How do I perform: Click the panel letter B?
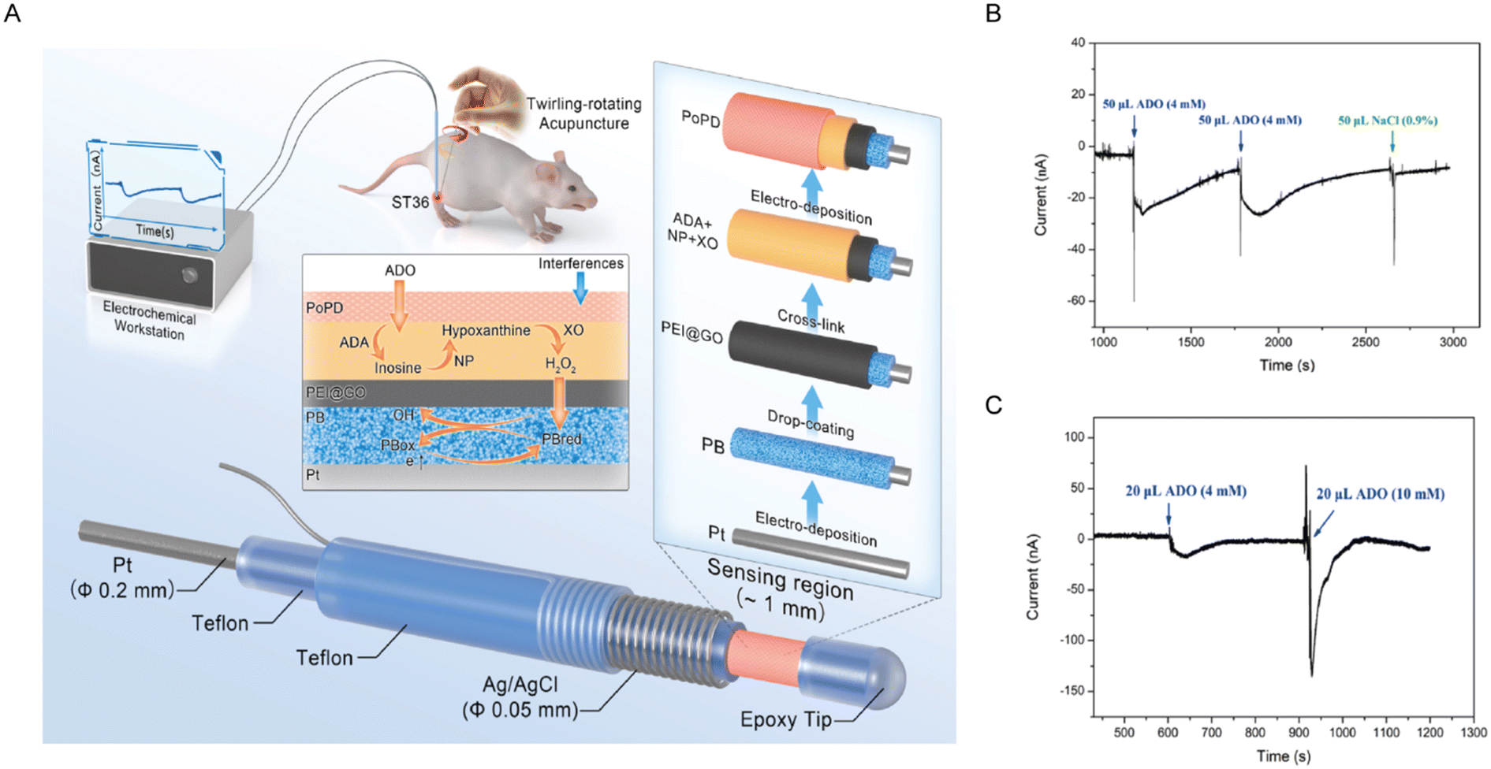pyautogui.click(x=993, y=13)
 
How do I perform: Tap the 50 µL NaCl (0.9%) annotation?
pyautogui.click(x=1388, y=121)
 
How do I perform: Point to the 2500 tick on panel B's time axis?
pyautogui.click(x=1366, y=342)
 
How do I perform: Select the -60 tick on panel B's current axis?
pyautogui.click(x=1075, y=301)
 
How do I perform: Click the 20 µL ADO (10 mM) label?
pyautogui.click(x=1380, y=494)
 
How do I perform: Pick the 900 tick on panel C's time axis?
pyautogui.click(x=1299, y=732)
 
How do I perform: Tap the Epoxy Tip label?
pyautogui.click(x=785, y=719)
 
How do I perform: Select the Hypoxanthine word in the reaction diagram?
pyautogui.click(x=486, y=331)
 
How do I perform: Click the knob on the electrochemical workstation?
pyautogui.click(x=189, y=275)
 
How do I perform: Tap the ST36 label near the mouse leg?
pyautogui.click(x=410, y=202)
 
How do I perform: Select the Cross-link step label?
pyautogui.click(x=811, y=321)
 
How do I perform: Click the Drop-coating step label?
pyautogui.click(x=810, y=423)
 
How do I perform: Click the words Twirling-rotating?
pyautogui.click(x=583, y=104)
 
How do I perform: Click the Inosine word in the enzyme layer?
pyautogui.click(x=397, y=368)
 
